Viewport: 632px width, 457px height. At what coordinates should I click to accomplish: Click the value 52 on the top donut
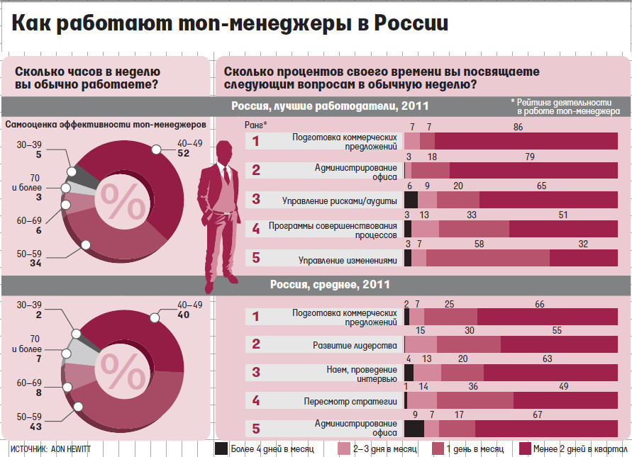tap(183, 152)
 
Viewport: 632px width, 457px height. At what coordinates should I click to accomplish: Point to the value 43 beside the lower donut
tap(35, 427)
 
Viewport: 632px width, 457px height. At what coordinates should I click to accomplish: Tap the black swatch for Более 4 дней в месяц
tap(221, 448)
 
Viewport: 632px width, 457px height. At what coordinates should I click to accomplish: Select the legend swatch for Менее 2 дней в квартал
tap(526, 448)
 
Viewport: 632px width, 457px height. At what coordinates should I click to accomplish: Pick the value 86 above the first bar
tap(518, 128)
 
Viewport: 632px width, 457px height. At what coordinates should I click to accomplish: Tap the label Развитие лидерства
tap(355, 345)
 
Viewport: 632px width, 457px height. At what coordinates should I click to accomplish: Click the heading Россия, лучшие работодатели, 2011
tap(330, 106)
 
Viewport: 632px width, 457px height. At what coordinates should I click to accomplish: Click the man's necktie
tap(225, 174)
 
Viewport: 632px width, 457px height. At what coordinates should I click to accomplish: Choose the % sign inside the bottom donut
tap(121, 366)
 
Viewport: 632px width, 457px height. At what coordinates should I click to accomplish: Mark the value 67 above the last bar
tap(537, 415)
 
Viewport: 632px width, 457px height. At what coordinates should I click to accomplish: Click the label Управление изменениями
tap(346, 260)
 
